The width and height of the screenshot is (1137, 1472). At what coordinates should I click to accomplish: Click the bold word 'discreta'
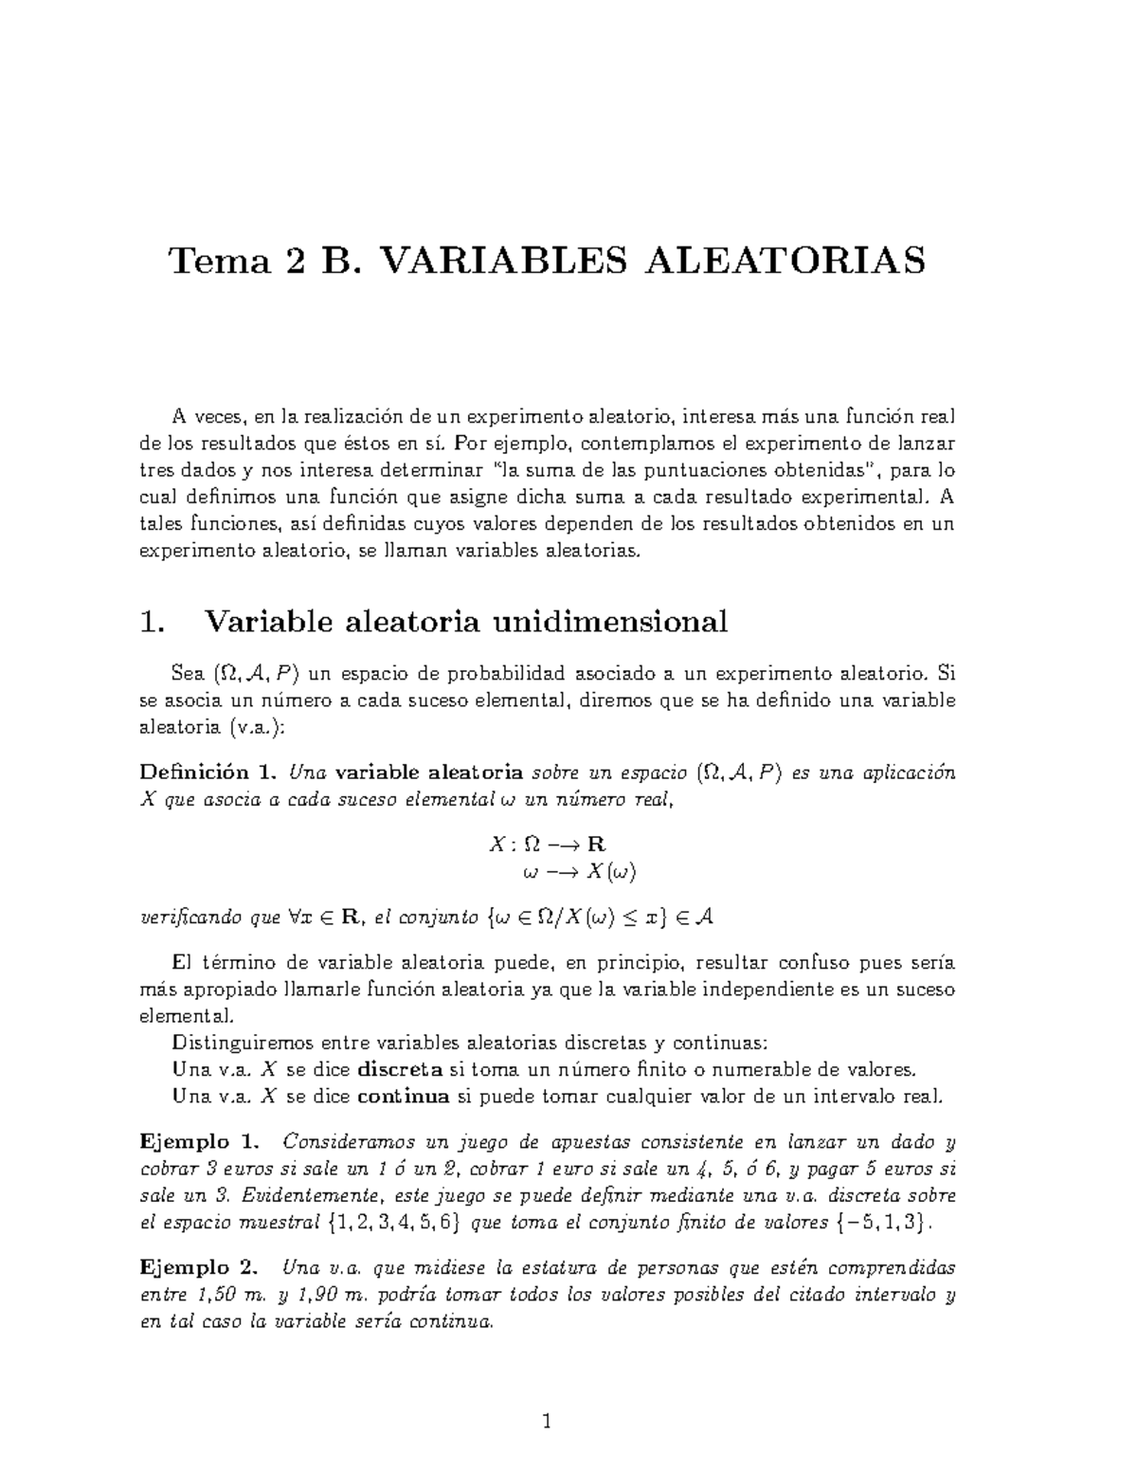(x=401, y=1070)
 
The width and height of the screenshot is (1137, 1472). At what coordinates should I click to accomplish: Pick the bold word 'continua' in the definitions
(x=405, y=1098)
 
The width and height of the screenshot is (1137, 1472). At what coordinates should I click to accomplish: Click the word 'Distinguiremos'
(x=238, y=1043)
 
